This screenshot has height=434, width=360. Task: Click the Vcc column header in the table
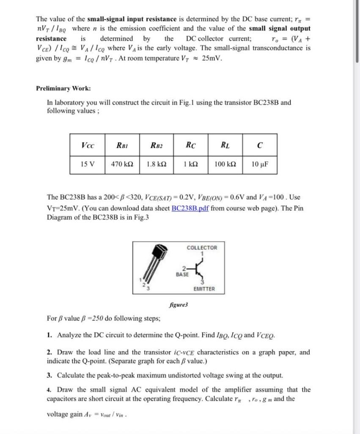(88, 146)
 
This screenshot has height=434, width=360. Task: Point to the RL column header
(225, 146)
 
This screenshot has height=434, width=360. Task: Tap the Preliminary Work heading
(63, 89)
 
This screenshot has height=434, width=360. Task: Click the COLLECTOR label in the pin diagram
(202, 248)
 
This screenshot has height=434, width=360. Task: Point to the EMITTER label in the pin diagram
(204, 289)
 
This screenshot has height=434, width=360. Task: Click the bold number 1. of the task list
(49, 336)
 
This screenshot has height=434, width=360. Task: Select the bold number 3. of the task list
(49, 375)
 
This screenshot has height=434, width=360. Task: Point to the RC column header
(191, 146)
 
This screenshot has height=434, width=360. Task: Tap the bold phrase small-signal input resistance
(132, 19)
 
